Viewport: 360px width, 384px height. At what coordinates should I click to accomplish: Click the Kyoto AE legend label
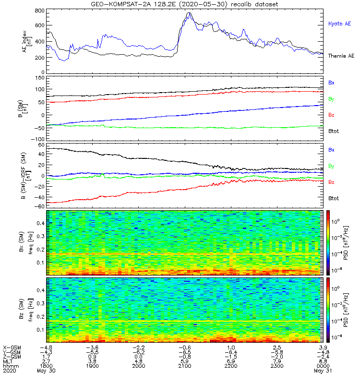[339, 24]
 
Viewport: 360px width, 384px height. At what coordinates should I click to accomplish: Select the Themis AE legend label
[341, 56]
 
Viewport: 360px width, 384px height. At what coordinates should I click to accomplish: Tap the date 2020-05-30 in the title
[201, 4]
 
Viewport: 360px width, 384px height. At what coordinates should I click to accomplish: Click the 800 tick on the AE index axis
[40, 11]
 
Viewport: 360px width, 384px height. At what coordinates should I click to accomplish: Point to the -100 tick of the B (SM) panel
[38, 139]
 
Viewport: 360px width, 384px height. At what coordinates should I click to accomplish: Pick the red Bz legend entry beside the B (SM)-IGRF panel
[331, 182]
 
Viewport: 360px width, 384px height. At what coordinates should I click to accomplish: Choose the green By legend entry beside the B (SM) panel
[331, 99]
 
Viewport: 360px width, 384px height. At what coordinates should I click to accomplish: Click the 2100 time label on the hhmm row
[185, 366]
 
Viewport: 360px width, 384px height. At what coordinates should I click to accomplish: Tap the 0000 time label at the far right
[323, 366]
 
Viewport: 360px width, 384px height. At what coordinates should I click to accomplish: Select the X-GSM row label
[12, 348]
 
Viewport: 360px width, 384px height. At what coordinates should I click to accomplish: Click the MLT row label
[8, 361]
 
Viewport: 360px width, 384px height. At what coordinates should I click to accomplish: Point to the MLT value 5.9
[185, 361]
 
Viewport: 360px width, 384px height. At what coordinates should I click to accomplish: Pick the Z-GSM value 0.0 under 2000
[139, 357]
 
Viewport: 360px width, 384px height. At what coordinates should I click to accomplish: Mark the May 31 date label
[323, 371]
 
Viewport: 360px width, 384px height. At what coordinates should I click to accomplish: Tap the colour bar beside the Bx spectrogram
[328, 243]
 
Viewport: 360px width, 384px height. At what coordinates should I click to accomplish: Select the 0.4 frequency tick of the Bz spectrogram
[40, 290]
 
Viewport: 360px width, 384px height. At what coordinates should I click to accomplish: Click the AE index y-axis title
[27, 41]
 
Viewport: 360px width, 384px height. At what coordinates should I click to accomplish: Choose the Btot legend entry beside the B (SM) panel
[334, 131]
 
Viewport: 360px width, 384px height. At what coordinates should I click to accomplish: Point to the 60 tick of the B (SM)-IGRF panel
[42, 145]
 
